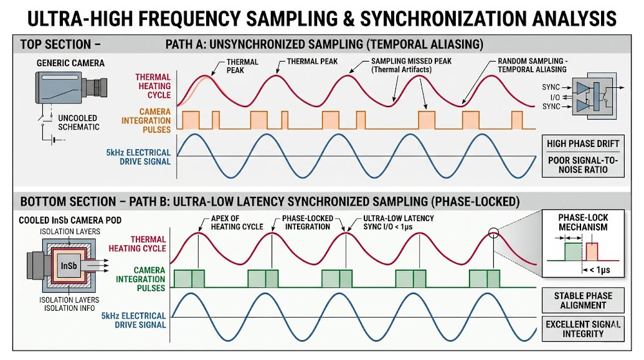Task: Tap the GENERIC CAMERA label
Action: [70, 63]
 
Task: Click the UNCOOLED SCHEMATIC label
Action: [78, 122]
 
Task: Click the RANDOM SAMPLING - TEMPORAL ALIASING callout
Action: [533, 65]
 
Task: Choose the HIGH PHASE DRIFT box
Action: [583, 144]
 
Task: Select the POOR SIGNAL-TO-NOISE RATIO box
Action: [583, 165]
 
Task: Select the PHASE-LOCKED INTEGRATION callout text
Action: [307, 222]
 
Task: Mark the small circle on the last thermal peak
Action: [494, 234]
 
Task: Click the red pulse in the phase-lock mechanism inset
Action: [591, 252]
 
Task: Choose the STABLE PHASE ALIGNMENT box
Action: [583, 300]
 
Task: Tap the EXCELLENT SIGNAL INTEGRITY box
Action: [583, 328]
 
